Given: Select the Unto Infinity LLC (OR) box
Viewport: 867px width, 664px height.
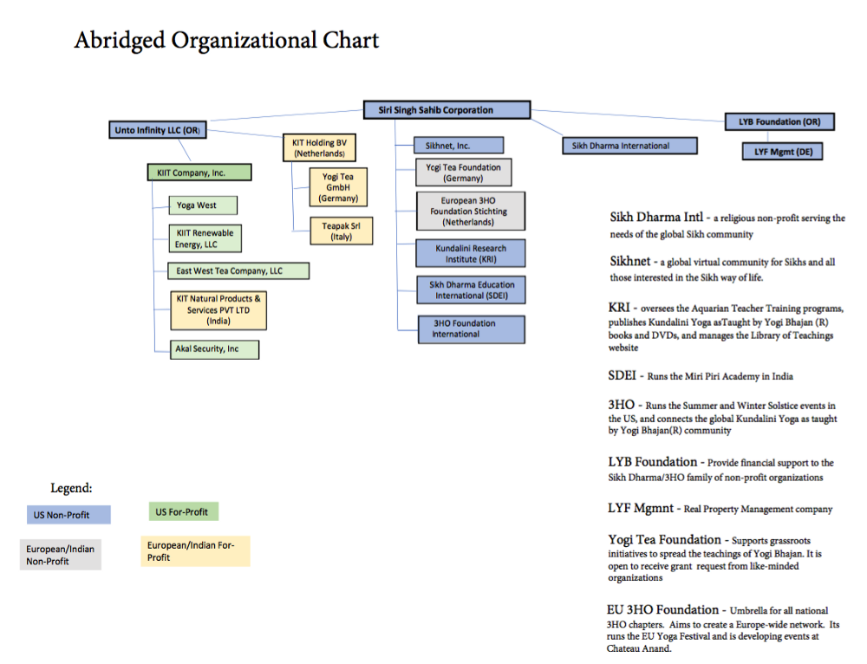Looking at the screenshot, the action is (x=157, y=131).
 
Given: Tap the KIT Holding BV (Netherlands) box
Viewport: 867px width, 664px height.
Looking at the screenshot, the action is (x=319, y=148).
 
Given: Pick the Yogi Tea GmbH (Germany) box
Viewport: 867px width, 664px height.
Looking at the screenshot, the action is (x=334, y=187).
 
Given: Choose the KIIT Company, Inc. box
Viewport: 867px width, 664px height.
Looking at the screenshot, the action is (x=199, y=173).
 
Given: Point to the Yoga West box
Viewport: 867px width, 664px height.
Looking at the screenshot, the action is (x=203, y=205).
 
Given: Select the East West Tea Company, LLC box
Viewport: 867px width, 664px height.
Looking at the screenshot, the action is (x=238, y=271).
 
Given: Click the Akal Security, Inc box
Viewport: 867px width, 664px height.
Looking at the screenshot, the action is (x=214, y=349).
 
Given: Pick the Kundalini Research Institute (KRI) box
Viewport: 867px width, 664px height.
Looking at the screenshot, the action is (x=471, y=253).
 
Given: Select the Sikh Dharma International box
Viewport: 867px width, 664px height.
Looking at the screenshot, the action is (x=630, y=146).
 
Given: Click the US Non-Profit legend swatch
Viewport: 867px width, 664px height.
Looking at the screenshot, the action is (x=66, y=515).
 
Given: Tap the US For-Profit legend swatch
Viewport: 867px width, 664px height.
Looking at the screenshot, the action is (x=181, y=511).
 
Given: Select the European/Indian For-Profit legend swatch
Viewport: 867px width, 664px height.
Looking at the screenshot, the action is (x=195, y=551).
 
